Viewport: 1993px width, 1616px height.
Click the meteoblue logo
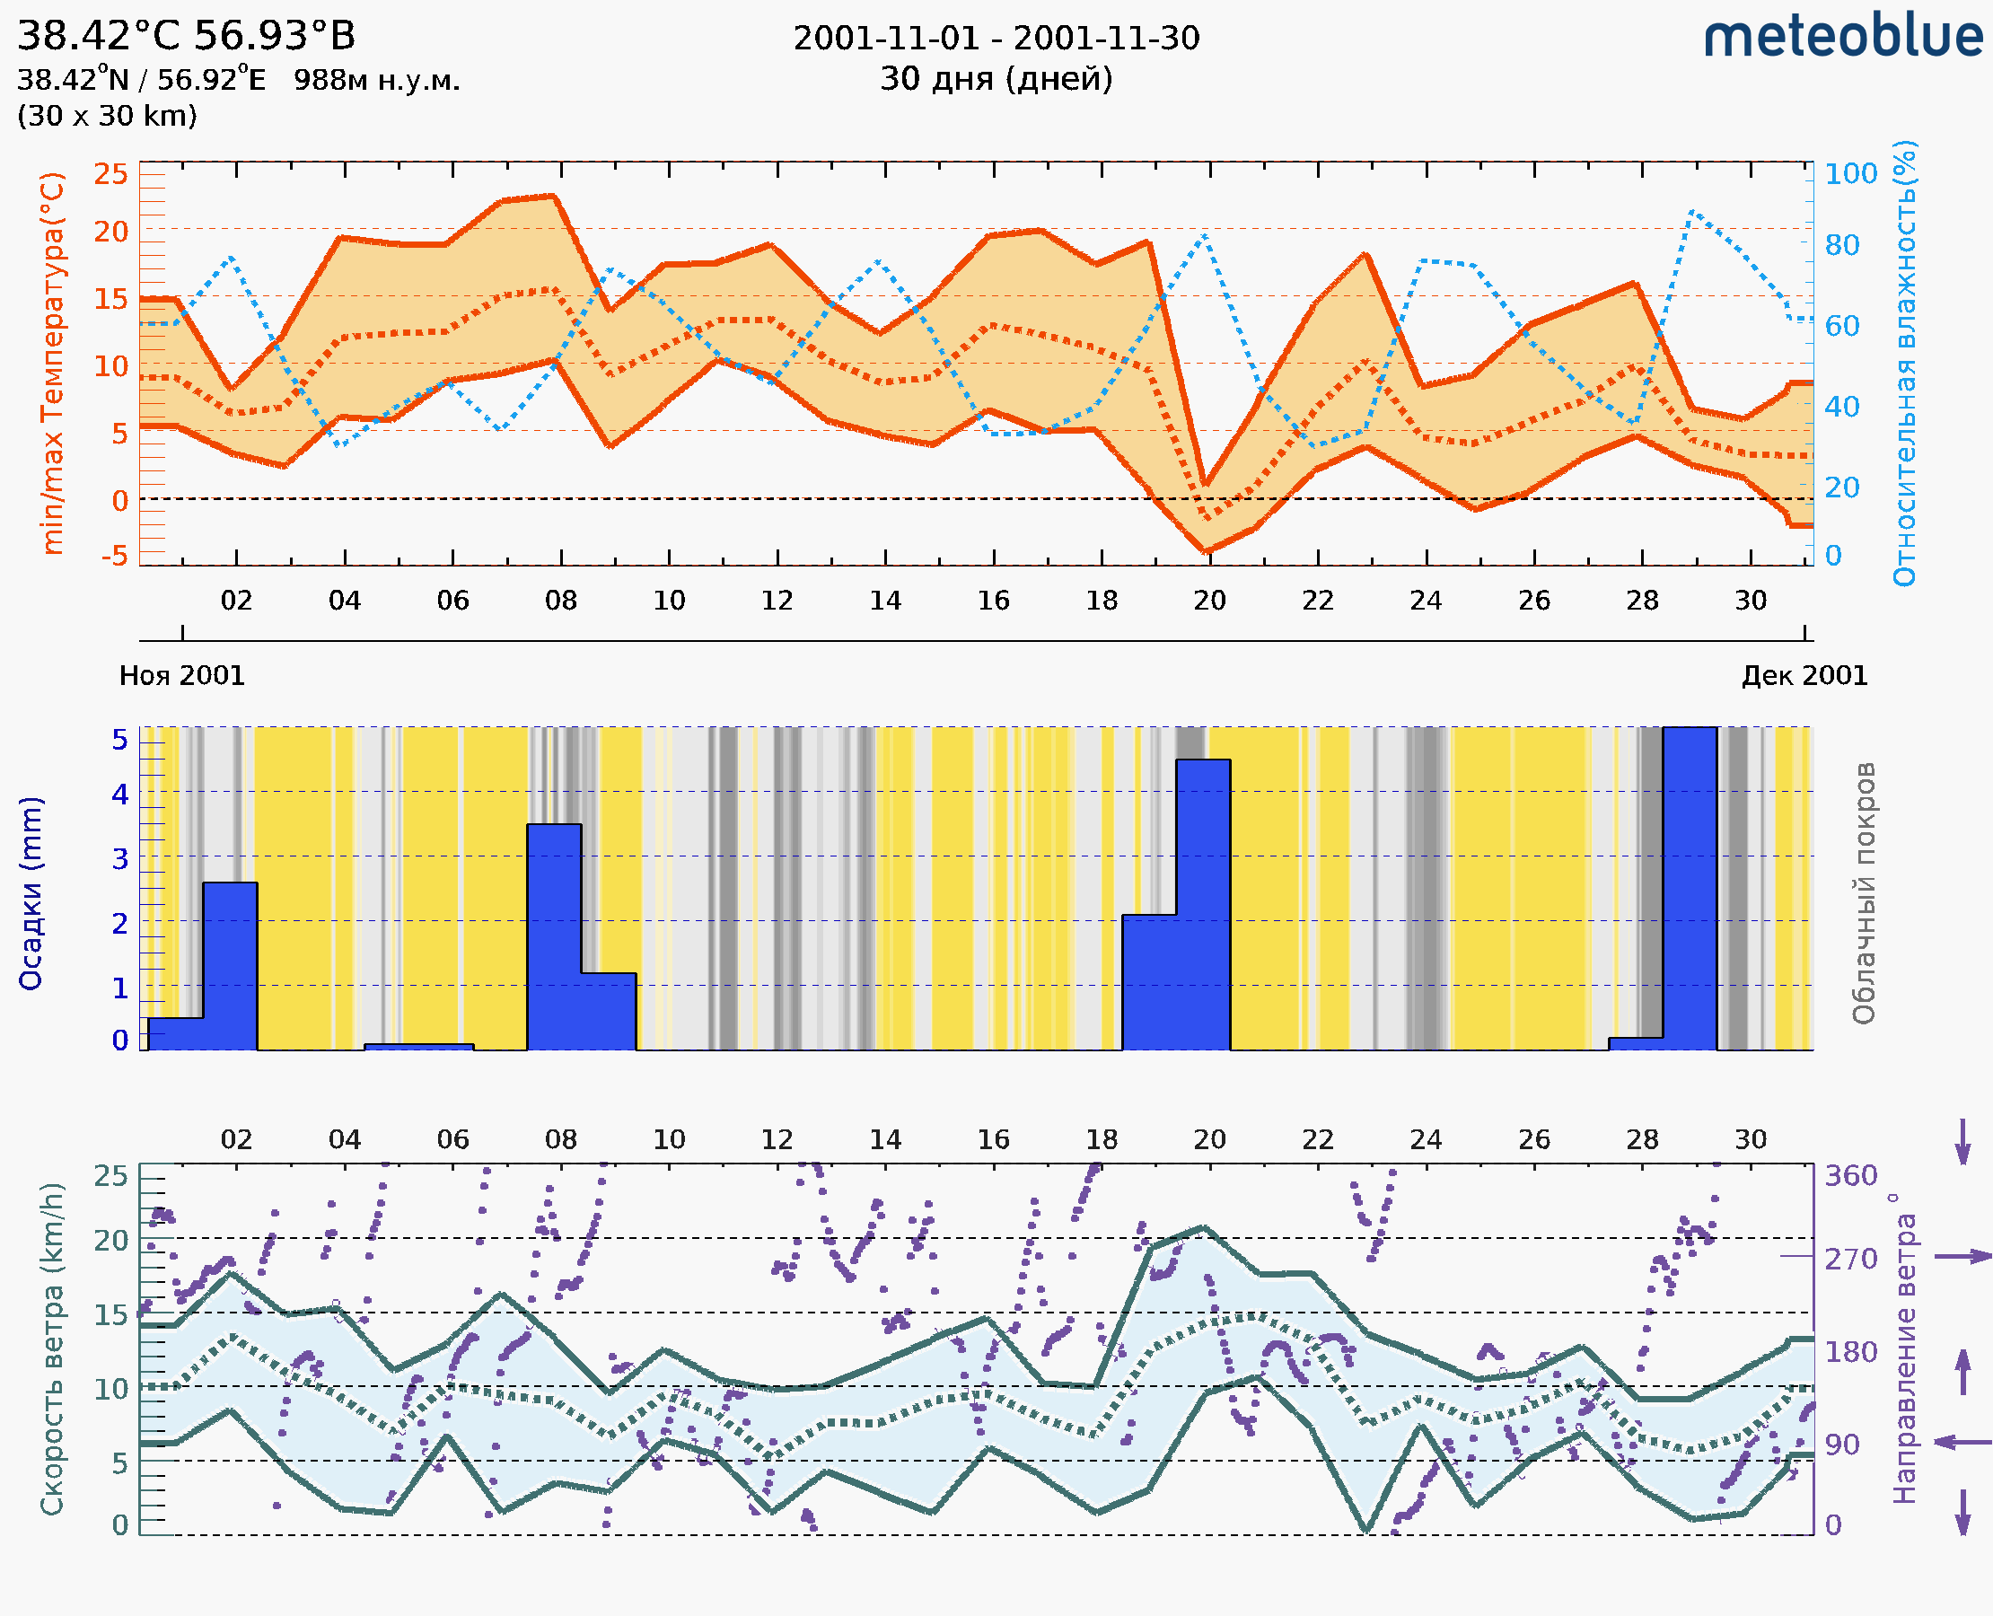[x=1842, y=37]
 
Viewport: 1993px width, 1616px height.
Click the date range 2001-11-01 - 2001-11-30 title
[x=996, y=39]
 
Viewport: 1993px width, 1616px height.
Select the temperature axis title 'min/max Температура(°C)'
[x=54, y=363]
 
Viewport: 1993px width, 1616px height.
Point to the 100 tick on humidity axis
[x=1850, y=174]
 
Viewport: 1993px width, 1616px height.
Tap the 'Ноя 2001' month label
[x=181, y=676]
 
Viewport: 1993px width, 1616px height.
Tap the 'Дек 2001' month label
[x=1804, y=676]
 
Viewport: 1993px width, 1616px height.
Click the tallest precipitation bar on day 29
[x=1690, y=889]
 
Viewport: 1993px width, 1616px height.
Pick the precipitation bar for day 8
[x=554, y=936]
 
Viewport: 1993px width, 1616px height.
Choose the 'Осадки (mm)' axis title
[x=31, y=893]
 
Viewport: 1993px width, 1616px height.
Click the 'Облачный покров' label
[x=1864, y=893]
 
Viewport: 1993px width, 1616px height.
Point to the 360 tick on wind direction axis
[x=1850, y=1176]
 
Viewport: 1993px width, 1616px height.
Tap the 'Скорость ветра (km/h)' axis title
[x=52, y=1348]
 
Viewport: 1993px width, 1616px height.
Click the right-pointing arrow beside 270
[x=1962, y=1257]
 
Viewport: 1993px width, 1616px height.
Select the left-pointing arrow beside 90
[x=1962, y=1442]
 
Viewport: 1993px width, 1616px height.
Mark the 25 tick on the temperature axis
[x=110, y=174]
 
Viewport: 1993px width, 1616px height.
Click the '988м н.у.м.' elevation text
[x=377, y=81]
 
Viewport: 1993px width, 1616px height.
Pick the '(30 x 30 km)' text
[x=107, y=117]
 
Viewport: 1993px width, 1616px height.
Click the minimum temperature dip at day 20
[x=1208, y=551]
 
